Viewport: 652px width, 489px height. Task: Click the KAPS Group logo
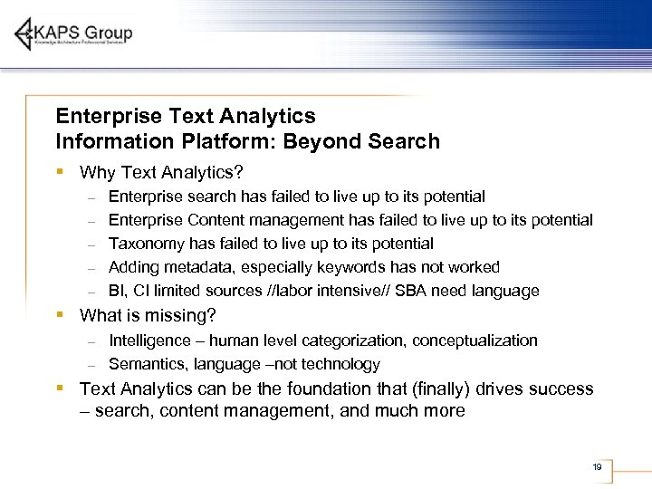coord(73,34)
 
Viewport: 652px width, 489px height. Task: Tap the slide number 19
coord(597,467)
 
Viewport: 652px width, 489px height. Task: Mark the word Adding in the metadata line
coord(133,267)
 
